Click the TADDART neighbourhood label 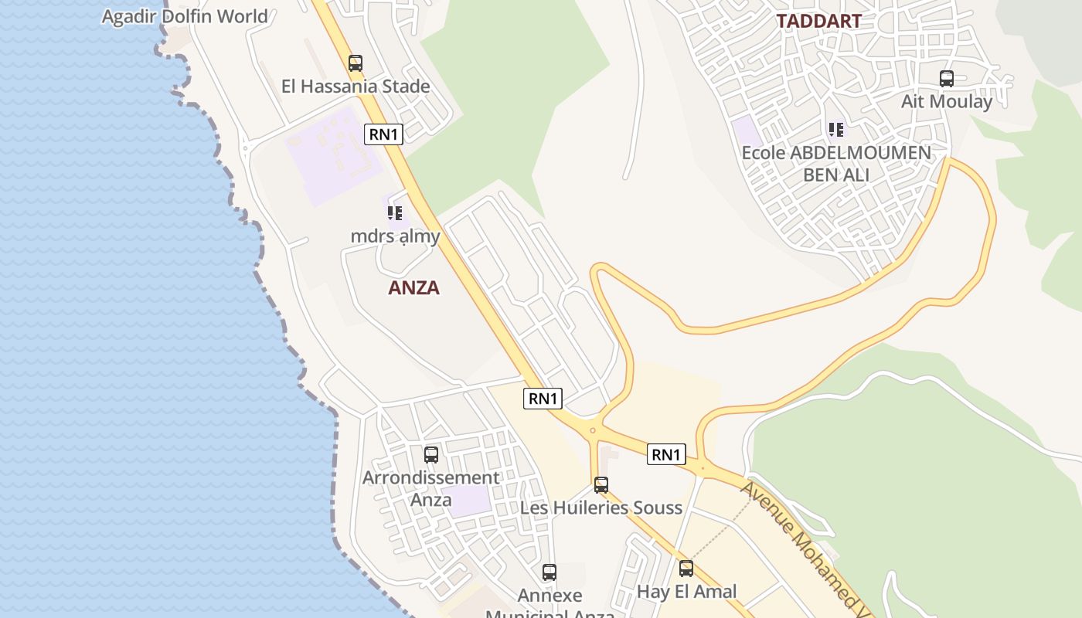818,21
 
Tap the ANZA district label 413,288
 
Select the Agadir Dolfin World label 185,16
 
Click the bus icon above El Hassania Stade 356,63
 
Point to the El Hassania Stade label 356,87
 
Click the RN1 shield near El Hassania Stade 383,134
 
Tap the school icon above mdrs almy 395,212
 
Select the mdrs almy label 395,236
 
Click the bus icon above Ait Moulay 947,78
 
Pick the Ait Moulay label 947,101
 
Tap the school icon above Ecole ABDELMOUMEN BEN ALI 835,129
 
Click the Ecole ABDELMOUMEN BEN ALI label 836,164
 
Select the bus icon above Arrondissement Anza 431,455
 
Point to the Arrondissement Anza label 431,488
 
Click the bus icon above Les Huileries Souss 601,485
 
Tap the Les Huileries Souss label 601,508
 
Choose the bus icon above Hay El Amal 686,569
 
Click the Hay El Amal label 686,592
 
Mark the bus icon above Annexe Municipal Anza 550,572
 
